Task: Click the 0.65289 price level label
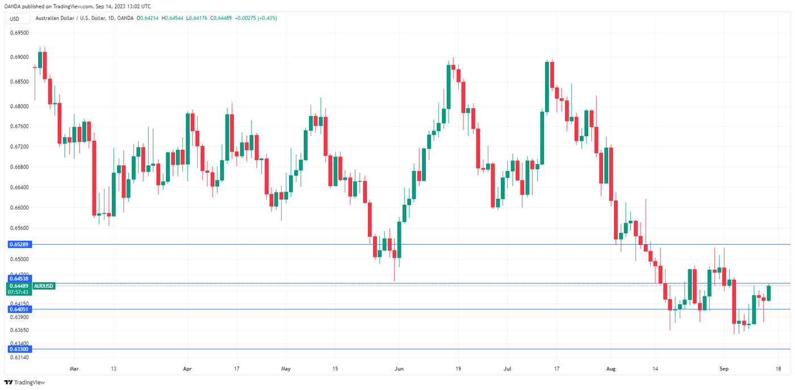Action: [19, 244]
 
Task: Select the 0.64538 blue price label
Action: [19, 279]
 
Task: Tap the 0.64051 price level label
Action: [19, 309]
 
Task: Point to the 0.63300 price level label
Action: [19, 349]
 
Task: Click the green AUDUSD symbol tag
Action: [44, 286]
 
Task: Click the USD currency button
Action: [15, 19]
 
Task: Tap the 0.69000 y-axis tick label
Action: [19, 57]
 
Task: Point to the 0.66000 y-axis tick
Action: [19, 208]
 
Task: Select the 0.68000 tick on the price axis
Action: [19, 107]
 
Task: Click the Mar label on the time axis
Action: [74, 368]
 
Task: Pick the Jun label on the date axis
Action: [399, 368]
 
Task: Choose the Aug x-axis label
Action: [610, 368]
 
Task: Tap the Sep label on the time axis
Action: [723, 368]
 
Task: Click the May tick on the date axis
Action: [286, 368]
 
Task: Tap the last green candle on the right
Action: [769, 293]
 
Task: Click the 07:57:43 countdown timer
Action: [19, 292]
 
